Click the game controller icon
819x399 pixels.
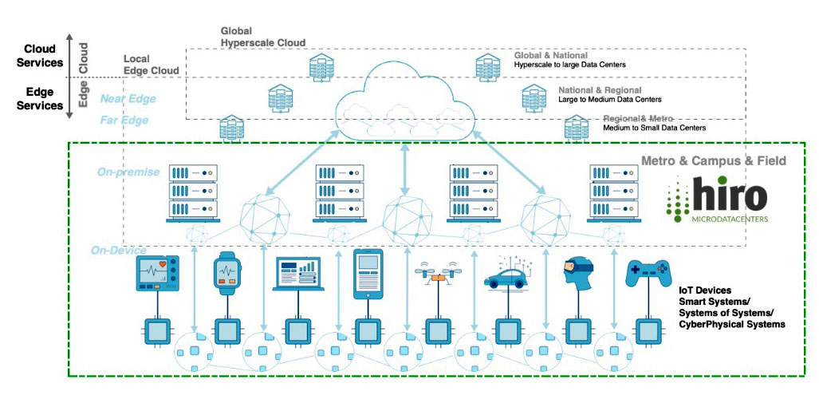648,275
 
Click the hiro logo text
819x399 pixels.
730,196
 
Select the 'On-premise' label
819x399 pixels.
128,172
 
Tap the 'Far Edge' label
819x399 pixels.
124,120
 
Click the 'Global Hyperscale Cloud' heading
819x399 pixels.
262,37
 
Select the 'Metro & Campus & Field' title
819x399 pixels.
714,161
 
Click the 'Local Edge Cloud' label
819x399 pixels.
151,65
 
